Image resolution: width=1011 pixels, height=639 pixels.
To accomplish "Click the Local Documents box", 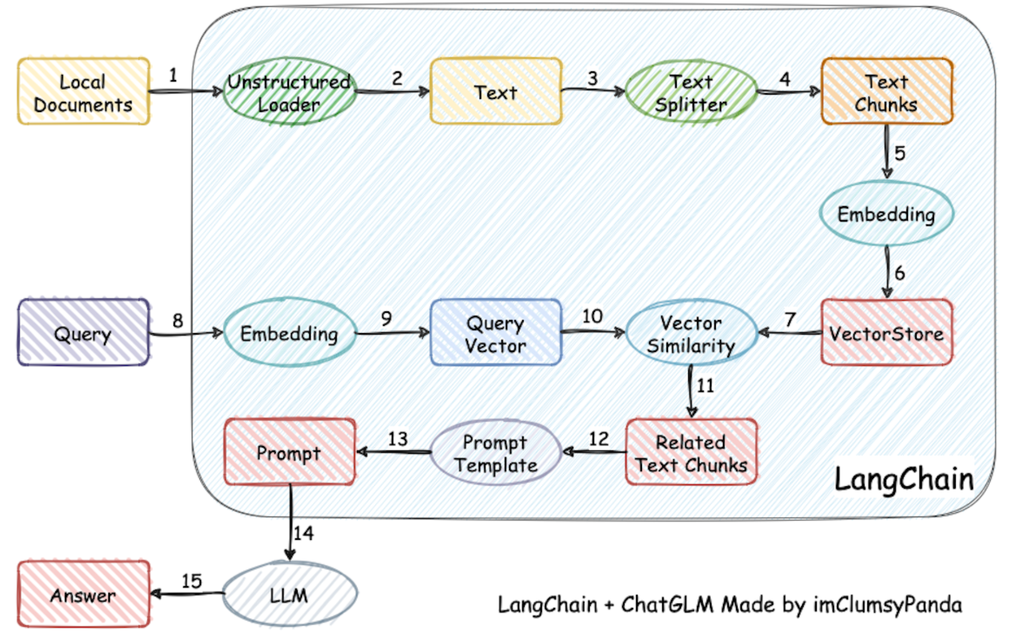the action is click(x=83, y=91).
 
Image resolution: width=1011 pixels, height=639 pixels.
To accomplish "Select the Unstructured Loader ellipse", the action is click(x=289, y=91).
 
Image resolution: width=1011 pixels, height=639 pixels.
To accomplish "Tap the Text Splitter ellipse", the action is click(x=691, y=91).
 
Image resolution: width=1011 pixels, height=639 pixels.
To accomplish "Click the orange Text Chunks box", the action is click(x=887, y=91).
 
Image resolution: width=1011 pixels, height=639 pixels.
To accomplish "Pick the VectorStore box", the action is click(x=887, y=332).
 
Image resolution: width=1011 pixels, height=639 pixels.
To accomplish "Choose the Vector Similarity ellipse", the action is click(x=691, y=332).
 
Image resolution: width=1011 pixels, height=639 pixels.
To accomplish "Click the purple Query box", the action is click(x=83, y=332).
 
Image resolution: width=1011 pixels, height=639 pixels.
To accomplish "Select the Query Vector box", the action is click(x=495, y=332).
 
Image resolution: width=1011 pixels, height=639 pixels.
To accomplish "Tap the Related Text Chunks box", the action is click(x=691, y=452).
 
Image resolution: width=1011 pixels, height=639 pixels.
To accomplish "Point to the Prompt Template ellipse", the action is click(x=495, y=452).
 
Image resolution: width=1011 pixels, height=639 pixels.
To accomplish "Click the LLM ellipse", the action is click(x=289, y=594).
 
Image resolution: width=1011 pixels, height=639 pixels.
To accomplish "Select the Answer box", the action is click(x=83, y=594).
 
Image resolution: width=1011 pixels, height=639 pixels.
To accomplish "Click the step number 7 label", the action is click(x=790, y=319).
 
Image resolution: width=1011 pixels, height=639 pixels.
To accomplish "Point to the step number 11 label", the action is click(x=706, y=386).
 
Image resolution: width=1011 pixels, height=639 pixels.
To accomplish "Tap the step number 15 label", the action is click(x=192, y=581).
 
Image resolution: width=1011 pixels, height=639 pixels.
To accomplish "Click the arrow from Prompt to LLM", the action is click(x=290, y=522).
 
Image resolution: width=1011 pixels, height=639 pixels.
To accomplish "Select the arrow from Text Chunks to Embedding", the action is click(x=887, y=152).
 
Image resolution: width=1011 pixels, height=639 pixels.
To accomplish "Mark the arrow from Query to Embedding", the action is click(x=186, y=333).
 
